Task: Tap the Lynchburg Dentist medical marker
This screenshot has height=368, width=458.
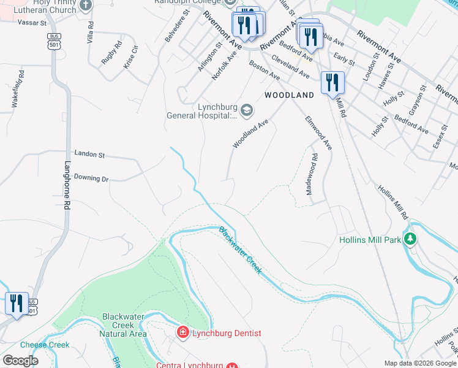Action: pyautogui.click(x=182, y=333)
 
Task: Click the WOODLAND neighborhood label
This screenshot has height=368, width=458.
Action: pyautogui.click(x=289, y=95)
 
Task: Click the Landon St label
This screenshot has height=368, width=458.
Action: pyautogui.click(x=90, y=153)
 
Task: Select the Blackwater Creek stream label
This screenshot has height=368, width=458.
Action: pyautogui.click(x=241, y=251)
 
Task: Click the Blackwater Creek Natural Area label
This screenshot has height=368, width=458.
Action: pyautogui.click(x=124, y=324)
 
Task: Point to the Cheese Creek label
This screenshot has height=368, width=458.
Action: pyautogui.click(x=45, y=345)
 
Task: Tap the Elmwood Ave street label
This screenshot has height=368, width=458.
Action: pyautogui.click(x=318, y=133)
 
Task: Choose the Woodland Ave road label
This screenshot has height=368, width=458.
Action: pyautogui.click(x=250, y=134)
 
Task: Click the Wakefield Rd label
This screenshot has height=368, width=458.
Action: pyautogui.click(x=18, y=90)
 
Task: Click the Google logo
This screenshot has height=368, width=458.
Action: pyautogui.click(x=20, y=361)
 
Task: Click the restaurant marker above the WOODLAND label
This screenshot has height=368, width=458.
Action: pyautogui.click(x=332, y=82)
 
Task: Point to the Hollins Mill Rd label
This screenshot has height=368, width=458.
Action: pyautogui.click(x=392, y=202)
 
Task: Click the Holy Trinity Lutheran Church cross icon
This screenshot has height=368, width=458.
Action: pyautogui.click(x=85, y=6)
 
